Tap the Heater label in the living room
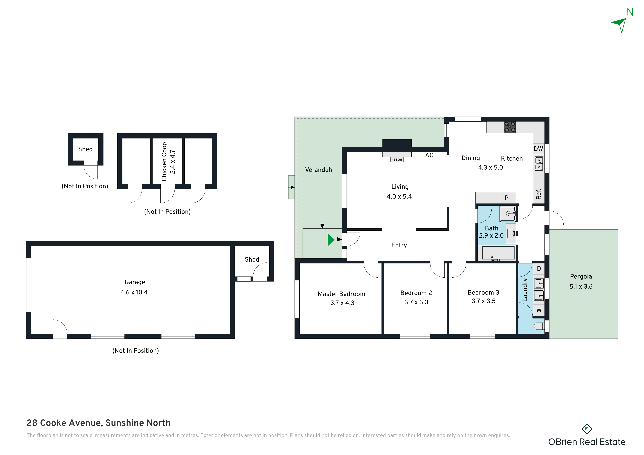397,159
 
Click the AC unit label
429,155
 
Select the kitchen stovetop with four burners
510,127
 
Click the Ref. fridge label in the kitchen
539,194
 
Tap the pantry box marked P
506,198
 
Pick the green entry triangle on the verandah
331,240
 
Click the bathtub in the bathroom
498,253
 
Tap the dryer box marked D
539,269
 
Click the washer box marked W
539,310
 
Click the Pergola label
581,276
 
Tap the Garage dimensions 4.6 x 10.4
134,292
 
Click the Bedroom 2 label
416,293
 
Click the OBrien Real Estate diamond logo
587,429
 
